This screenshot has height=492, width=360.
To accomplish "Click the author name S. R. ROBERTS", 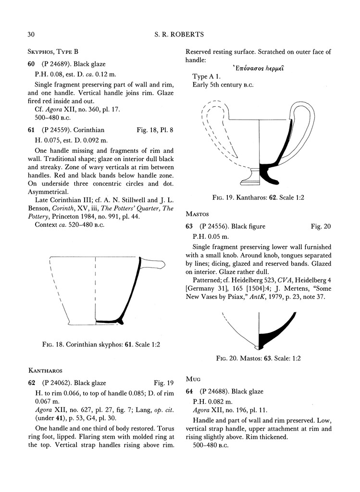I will (180, 34).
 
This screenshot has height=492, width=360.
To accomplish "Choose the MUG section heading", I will (193, 379).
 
